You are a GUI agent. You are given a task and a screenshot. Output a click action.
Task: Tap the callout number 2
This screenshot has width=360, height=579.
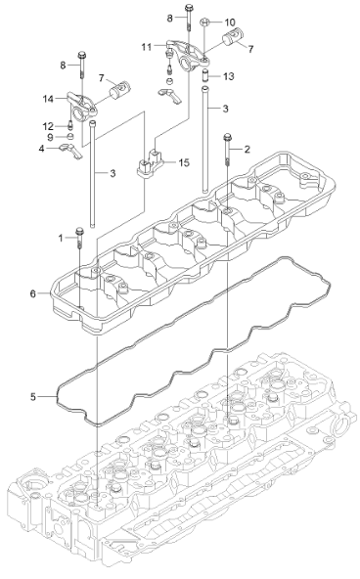point(247,149)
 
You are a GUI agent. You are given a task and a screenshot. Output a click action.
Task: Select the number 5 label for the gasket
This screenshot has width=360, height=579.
point(32,396)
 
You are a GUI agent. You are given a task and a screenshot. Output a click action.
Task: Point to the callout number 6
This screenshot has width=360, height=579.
point(32,292)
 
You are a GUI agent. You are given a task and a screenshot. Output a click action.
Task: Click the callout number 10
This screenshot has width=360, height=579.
point(230,22)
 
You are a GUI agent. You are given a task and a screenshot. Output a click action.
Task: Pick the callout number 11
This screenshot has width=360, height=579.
point(145,46)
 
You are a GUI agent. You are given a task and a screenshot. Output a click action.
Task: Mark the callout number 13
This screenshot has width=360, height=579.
point(229,75)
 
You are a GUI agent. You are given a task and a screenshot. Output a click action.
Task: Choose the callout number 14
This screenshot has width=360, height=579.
point(46,99)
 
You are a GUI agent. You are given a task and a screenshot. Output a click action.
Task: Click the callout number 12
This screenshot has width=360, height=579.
point(46,125)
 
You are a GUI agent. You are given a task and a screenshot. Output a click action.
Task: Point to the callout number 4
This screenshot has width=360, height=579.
point(41,150)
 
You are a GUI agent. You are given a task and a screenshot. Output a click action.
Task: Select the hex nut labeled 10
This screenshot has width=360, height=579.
point(204,22)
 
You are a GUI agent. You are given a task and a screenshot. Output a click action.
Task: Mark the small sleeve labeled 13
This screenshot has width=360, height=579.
point(205,75)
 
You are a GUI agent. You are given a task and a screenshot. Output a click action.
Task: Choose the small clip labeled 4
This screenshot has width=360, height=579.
point(68,149)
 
